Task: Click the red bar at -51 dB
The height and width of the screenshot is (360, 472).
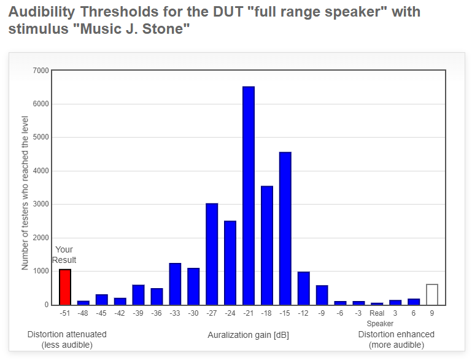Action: (x=65, y=287)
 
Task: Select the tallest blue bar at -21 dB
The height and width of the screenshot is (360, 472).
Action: (x=249, y=196)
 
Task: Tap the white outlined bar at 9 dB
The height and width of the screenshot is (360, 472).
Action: (x=432, y=295)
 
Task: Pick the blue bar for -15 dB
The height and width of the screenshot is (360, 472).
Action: (x=285, y=229)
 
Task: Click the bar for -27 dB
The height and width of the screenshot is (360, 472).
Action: (x=212, y=254)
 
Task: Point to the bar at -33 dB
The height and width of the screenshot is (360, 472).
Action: (x=175, y=284)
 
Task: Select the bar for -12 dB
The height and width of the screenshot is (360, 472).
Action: (x=303, y=288)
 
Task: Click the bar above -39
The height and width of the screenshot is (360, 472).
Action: (x=138, y=295)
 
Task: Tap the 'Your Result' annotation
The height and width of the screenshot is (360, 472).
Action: (x=64, y=255)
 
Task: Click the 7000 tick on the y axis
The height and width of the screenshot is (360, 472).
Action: (x=41, y=71)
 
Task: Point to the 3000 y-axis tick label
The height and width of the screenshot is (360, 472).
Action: (x=41, y=204)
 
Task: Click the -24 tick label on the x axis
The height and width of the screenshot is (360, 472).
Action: (x=230, y=313)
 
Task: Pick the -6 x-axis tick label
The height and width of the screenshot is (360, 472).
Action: (x=340, y=313)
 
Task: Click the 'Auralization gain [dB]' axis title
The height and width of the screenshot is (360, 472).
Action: (x=249, y=335)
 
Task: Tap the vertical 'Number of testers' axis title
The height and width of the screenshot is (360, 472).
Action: (x=25, y=193)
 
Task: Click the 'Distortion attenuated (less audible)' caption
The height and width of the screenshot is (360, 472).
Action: (x=67, y=340)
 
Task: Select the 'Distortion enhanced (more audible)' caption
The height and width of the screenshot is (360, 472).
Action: (x=396, y=340)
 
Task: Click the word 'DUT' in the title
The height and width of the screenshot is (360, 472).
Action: (x=228, y=12)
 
